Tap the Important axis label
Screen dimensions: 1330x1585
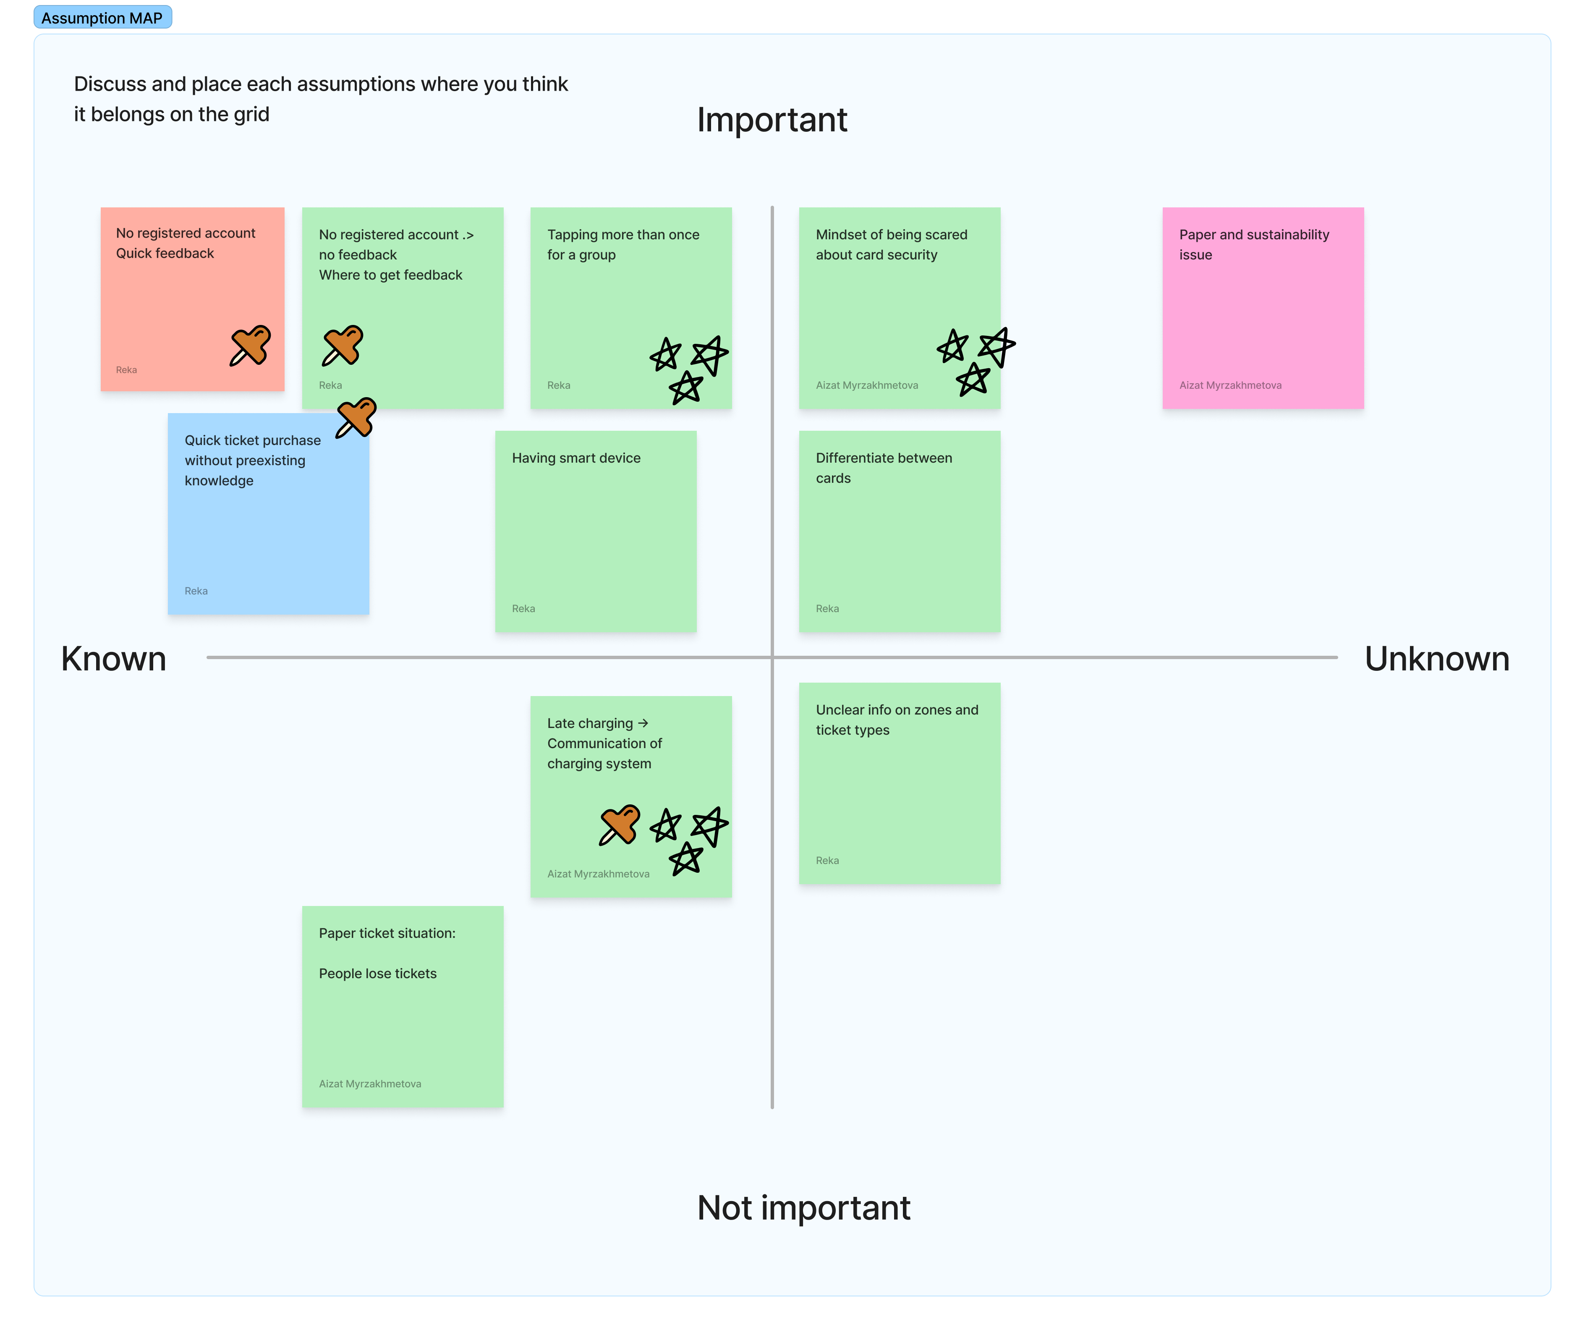772,120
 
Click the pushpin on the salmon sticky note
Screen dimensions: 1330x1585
250,346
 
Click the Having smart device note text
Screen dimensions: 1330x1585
576,458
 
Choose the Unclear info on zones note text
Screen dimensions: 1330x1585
897,719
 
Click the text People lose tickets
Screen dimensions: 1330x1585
377,974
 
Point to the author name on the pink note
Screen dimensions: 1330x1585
1230,385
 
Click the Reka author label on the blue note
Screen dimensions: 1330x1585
196,591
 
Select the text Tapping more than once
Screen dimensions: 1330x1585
623,235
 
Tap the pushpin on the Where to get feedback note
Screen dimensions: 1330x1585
342,346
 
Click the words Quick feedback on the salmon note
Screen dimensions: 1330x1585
165,254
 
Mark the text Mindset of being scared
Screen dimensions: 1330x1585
892,235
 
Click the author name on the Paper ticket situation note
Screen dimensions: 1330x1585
370,1084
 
